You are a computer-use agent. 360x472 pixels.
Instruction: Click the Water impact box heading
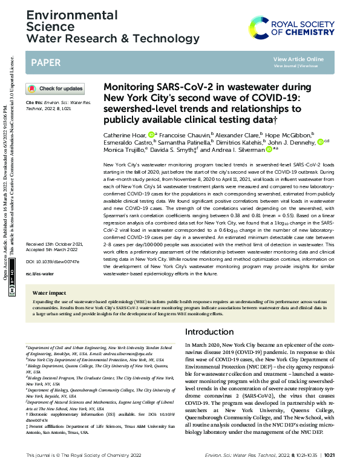pyautogui.click(x=49, y=292)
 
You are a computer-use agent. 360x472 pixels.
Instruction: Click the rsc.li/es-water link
pyautogui.click(x=38, y=274)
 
